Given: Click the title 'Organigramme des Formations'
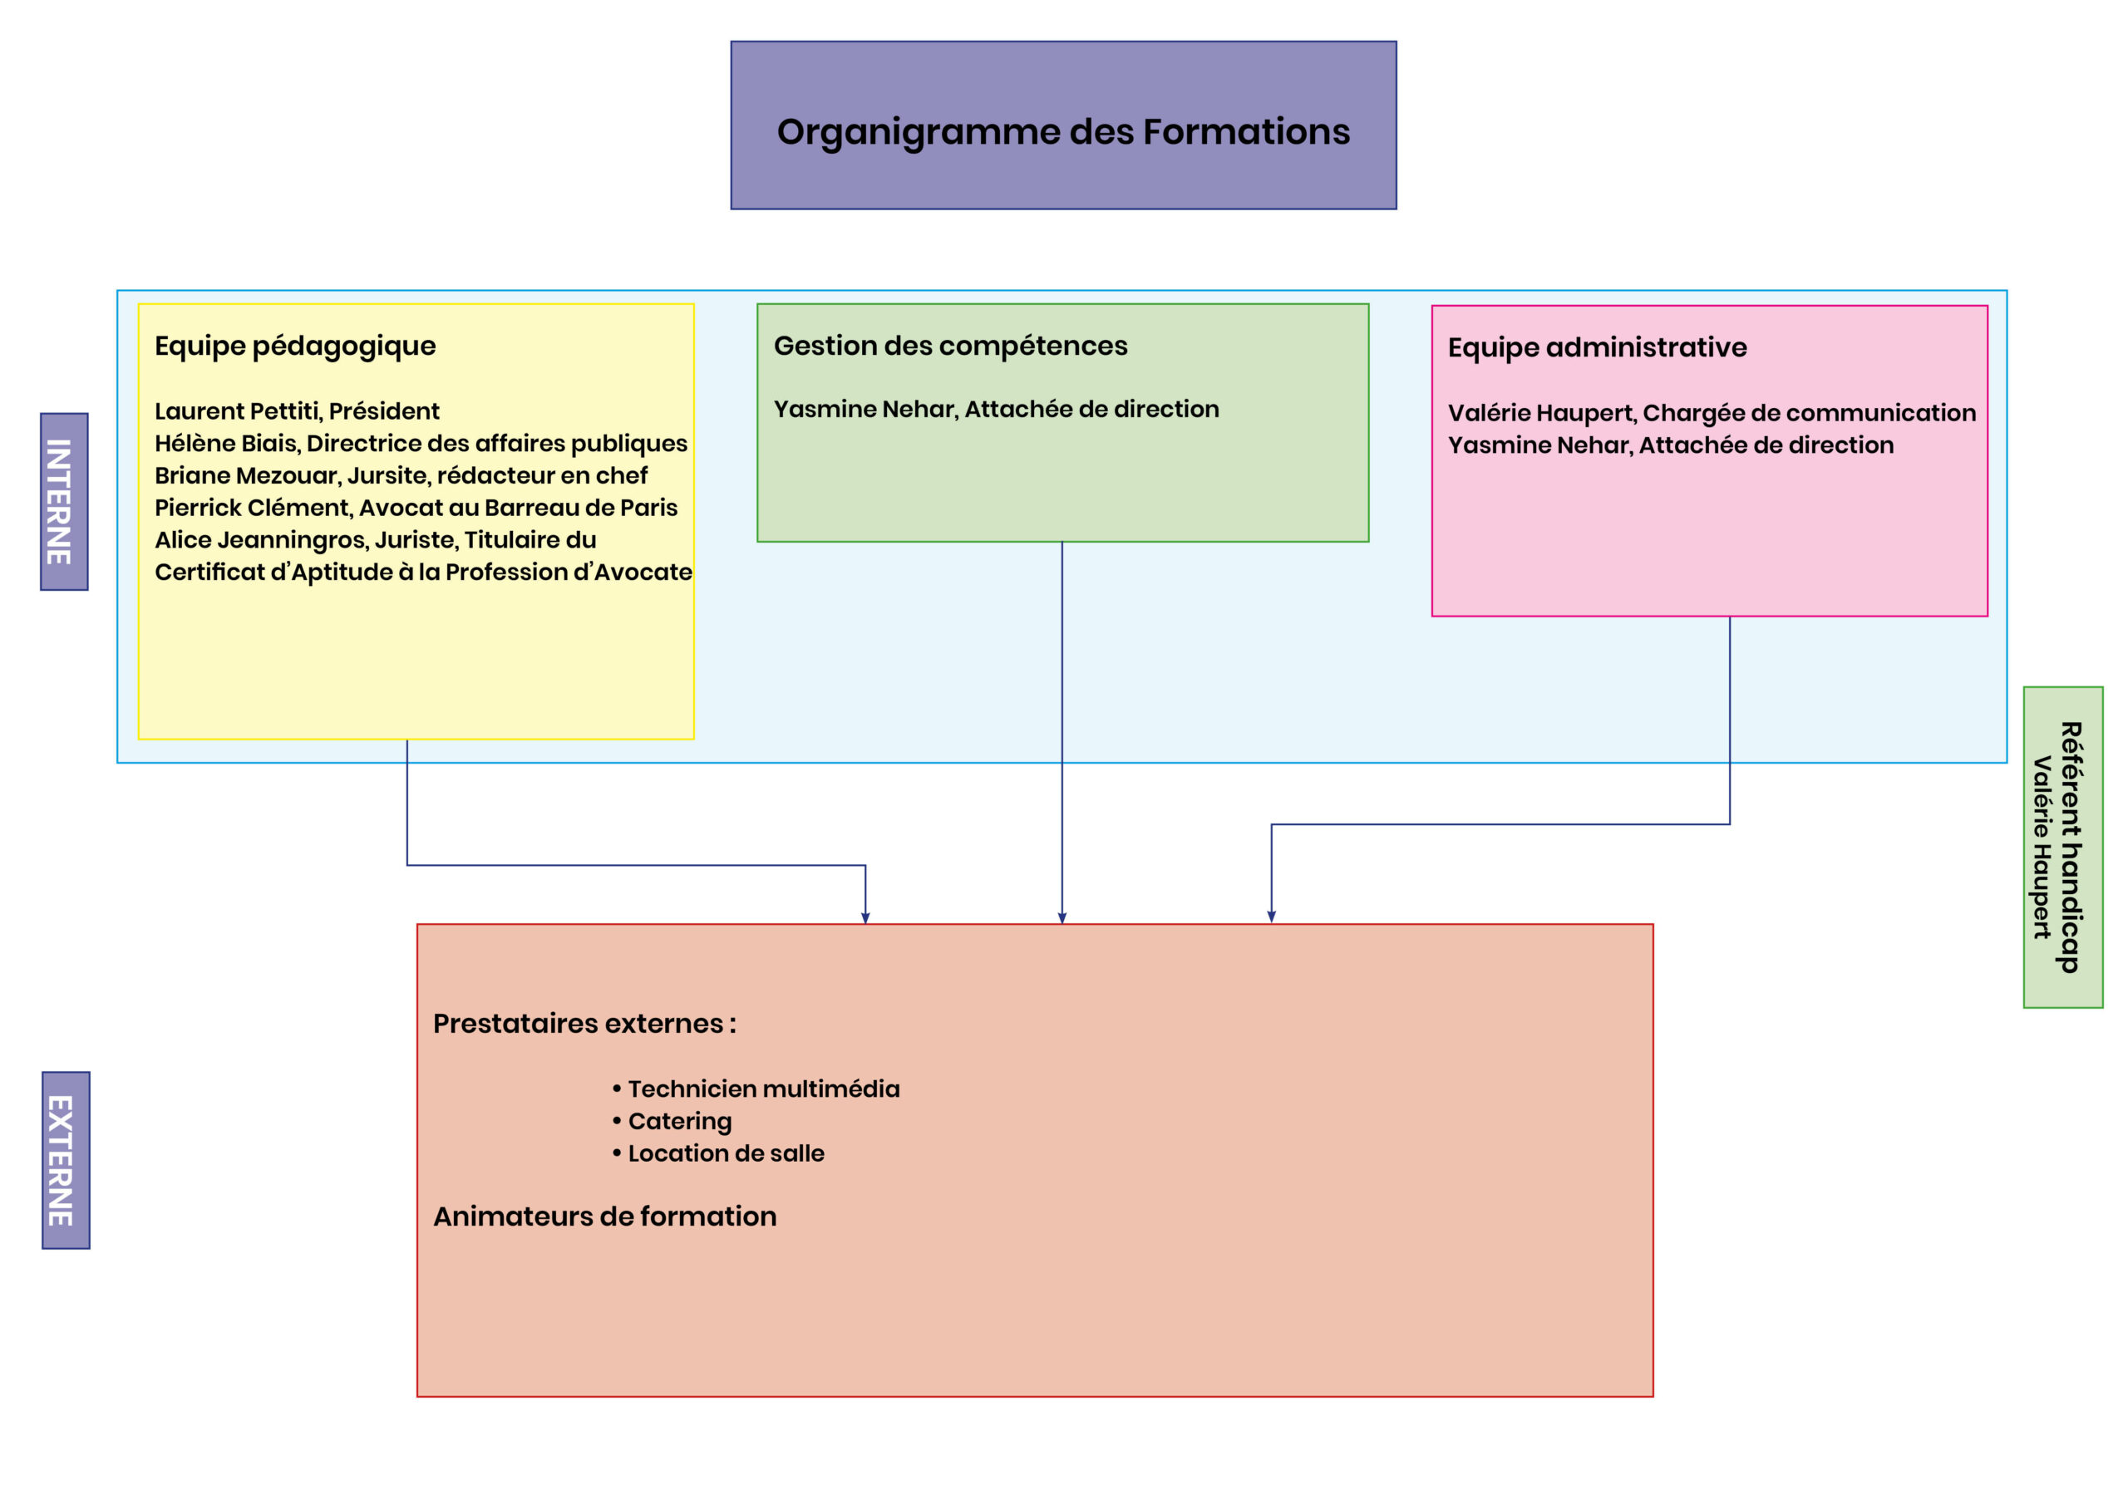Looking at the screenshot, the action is pyautogui.click(x=1063, y=132).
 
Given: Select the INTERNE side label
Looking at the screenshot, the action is pyautogui.click(x=59, y=501).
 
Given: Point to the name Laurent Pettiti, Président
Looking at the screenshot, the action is pyautogui.click(x=297, y=410).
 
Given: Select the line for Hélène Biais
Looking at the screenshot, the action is pyautogui.click(x=421, y=444).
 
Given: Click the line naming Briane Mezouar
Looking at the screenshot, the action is pyautogui.click(x=401, y=475).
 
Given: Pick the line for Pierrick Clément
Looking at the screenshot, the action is pyautogui.click(x=416, y=508).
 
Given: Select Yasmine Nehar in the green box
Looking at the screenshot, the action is pyautogui.click(x=997, y=409).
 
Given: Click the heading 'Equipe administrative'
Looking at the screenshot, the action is pyautogui.click(x=1597, y=347).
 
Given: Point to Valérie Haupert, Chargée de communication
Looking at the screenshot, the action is pyautogui.click(x=1712, y=413).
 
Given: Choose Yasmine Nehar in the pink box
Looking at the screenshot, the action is pyautogui.click(x=1670, y=445).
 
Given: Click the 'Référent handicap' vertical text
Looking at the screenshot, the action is pyautogui.click(x=2071, y=847).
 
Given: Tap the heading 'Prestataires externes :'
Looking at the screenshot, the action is pyautogui.click(x=584, y=1023).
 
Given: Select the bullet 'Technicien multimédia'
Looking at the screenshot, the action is pyautogui.click(x=756, y=1089).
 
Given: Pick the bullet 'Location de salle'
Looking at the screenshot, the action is pyautogui.click(x=717, y=1153).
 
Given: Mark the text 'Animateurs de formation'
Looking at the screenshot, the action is pyautogui.click(x=604, y=1216).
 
